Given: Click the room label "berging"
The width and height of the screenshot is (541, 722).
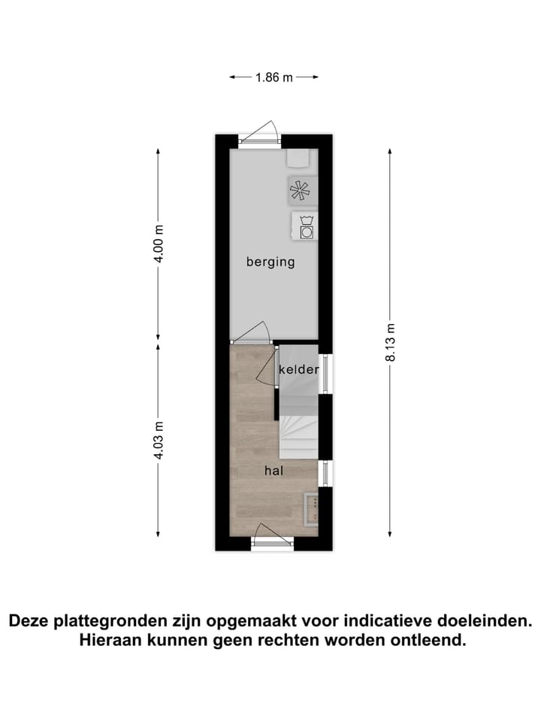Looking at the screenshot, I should point(270,262).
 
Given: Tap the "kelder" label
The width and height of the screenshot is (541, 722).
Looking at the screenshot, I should point(299,370).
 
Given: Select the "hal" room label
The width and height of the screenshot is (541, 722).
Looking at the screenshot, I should point(274,471).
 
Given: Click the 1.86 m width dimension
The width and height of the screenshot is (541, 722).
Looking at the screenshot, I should point(274,77).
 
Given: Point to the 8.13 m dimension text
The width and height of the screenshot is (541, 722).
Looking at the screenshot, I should point(390,343).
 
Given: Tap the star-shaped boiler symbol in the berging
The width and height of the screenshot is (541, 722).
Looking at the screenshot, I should point(302,190).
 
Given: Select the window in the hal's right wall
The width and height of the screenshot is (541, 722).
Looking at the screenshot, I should point(325,474).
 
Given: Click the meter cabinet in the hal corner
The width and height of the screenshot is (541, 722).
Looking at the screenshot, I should point(310,509).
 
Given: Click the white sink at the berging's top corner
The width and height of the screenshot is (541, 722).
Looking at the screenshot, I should point(298,158).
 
